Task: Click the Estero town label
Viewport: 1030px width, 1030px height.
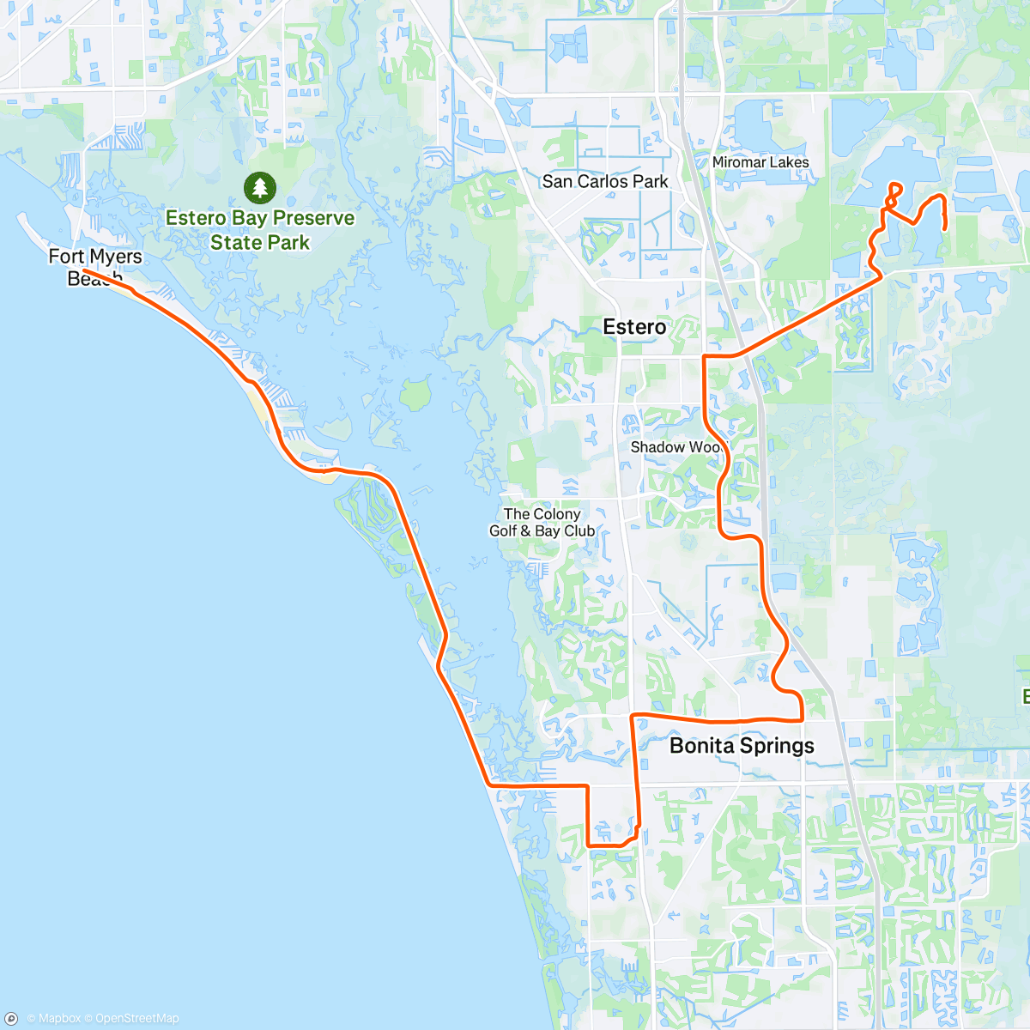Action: pyautogui.click(x=634, y=327)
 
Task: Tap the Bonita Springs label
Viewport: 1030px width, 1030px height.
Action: pyautogui.click(x=742, y=745)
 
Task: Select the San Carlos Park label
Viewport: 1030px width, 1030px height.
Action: pyautogui.click(x=605, y=181)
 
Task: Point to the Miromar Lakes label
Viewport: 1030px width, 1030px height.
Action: pyautogui.click(x=760, y=162)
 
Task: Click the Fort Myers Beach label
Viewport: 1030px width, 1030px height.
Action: pyautogui.click(x=94, y=266)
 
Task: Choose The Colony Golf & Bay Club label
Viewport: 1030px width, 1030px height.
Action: pyautogui.click(x=542, y=522)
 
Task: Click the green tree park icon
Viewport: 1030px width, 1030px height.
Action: pyautogui.click(x=259, y=187)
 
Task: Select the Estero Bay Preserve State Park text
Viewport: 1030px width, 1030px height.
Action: pyautogui.click(x=260, y=230)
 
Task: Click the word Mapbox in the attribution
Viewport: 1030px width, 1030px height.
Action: pyautogui.click(x=59, y=1019)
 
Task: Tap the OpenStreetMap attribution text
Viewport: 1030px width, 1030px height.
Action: pyautogui.click(x=137, y=1019)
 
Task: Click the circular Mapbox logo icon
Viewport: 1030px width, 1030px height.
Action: pyautogui.click(x=12, y=1019)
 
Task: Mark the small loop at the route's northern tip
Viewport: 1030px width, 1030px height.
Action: pyautogui.click(x=895, y=190)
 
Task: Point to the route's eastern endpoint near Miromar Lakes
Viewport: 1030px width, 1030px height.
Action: pyautogui.click(x=945, y=228)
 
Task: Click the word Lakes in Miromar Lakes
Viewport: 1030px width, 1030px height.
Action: pyautogui.click(x=789, y=162)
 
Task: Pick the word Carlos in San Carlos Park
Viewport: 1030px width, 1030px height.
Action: pyautogui.click(x=603, y=181)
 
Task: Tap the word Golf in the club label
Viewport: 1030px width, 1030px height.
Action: pyautogui.click(x=503, y=530)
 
